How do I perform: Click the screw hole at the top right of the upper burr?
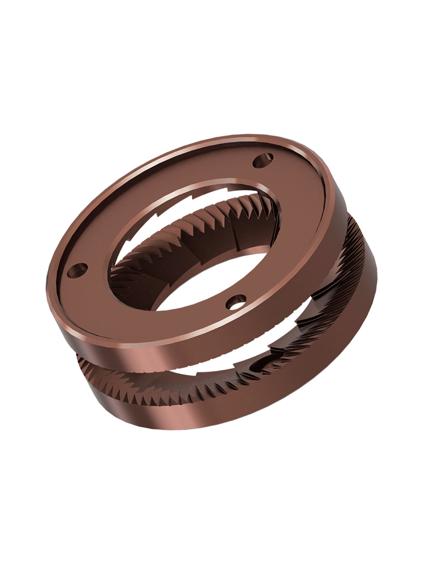click(x=263, y=161)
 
